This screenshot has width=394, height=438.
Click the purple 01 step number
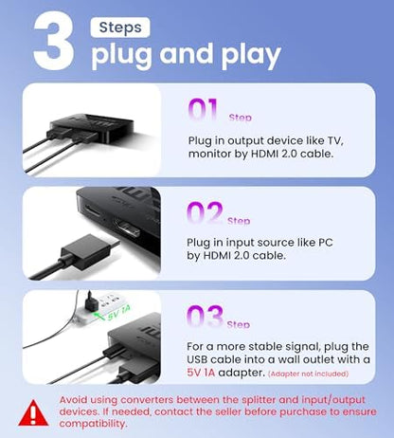(206, 110)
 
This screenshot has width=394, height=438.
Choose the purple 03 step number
(206, 317)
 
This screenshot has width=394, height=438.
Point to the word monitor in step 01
(214, 155)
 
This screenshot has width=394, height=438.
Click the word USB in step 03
(200, 362)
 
